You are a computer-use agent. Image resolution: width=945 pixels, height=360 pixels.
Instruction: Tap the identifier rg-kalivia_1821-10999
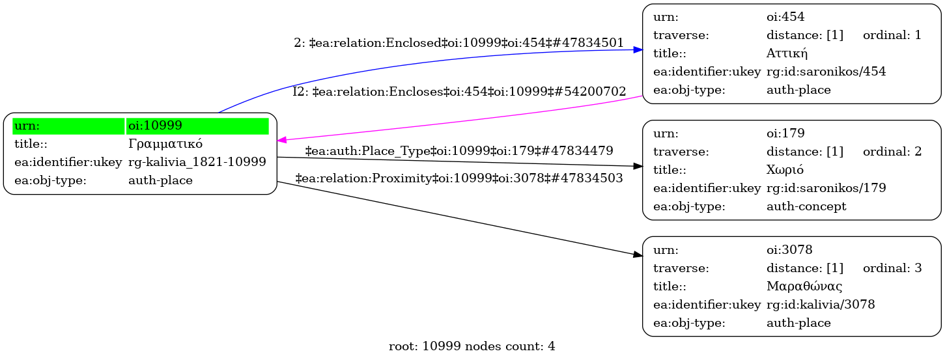coord(197,162)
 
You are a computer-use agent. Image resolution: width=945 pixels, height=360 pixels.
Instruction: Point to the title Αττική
coord(787,53)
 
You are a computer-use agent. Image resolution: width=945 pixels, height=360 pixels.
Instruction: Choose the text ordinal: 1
coord(892,35)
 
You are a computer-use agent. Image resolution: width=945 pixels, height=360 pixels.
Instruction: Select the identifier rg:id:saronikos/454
coord(826,72)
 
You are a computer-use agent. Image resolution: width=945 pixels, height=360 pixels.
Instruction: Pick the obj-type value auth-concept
coord(806,206)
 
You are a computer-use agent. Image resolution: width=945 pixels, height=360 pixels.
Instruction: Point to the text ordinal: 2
coord(892,152)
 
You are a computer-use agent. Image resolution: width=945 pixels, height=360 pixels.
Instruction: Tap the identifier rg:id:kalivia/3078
coord(821,304)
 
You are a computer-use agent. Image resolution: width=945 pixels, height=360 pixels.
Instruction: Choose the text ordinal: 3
coord(892,268)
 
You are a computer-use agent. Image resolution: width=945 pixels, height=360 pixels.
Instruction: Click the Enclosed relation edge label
coord(459,43)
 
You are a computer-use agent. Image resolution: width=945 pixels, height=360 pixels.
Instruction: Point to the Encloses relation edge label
coord(459,92)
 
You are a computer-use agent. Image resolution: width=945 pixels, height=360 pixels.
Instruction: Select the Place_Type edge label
coord(459,151)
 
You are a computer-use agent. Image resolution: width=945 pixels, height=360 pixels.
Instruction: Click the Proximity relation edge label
coord(459,177)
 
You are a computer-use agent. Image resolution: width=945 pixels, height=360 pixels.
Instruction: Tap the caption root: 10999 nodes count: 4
coord(472,346)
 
